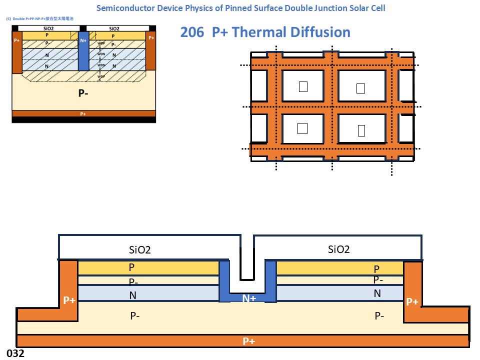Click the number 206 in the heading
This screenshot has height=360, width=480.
(191, 32)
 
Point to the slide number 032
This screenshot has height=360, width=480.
(15, 353)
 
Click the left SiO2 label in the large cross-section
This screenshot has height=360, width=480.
(140, 249)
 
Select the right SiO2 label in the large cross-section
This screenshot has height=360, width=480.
(338, 249)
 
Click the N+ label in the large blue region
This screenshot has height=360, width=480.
(249, 298)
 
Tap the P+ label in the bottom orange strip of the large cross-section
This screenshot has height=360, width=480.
(249, 341)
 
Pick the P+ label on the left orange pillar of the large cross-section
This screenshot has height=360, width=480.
(69, 300)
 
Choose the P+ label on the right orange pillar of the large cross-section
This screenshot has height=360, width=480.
(412, 301)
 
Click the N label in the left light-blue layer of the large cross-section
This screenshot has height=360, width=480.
(132, 295)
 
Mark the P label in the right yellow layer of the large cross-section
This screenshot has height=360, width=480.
(376, 269)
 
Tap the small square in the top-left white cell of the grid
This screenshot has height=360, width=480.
(302, 87)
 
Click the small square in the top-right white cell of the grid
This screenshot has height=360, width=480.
(360, 88)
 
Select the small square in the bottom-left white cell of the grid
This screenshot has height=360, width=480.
(302, 128)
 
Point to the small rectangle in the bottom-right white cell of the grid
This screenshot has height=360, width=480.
(361, 130)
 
